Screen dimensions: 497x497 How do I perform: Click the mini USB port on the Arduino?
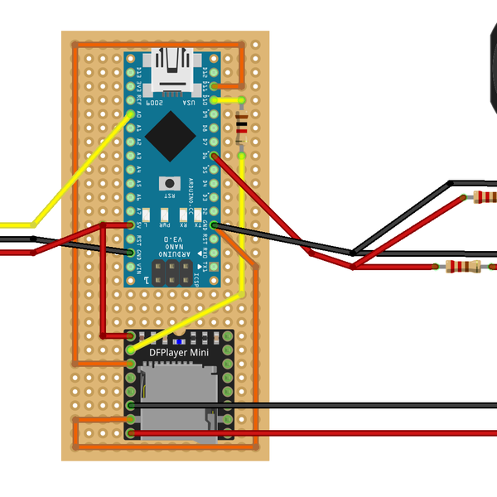[171, 66]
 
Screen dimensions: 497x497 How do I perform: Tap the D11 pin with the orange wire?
[214, 85]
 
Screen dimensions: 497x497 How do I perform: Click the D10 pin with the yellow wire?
[214, 99]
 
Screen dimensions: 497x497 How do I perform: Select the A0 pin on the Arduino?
[131, 113]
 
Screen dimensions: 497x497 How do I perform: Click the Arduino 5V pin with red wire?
[131, 224]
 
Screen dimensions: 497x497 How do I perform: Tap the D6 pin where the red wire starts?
[214, 155]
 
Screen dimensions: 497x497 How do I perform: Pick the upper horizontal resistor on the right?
[485, 197]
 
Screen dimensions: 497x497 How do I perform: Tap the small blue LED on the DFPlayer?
[180, 340]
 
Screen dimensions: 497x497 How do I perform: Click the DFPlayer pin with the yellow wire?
[131, 350]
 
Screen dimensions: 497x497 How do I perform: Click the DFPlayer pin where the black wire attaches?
[131, 405]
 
